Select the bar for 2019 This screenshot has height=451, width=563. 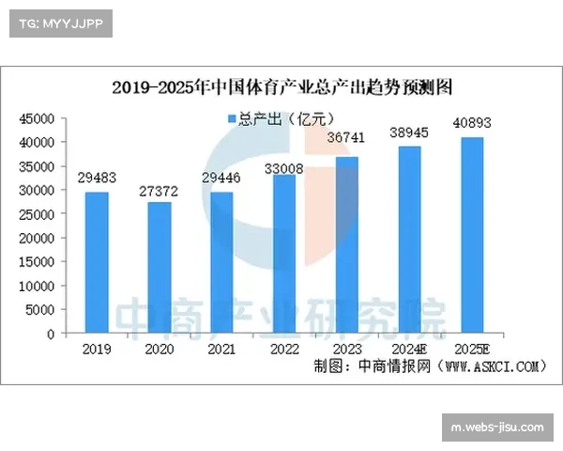(x=97, y=262)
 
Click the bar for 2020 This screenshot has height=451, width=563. (x=160, y=267)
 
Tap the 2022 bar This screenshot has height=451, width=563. (x=284, y=254)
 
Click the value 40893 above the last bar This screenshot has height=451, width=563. (x=472, y=121)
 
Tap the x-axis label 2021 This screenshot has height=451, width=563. (x=221, y=349)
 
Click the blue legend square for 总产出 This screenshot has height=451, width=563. (x=231, y=118)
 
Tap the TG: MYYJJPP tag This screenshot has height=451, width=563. (x=57, y=23)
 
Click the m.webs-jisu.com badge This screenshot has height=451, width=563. (x=496, y=428)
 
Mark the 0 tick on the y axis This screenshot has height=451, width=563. (x=51, y=334)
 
